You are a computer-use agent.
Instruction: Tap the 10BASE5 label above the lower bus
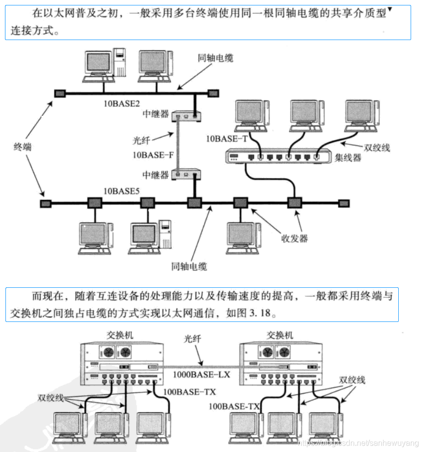coord(121,191)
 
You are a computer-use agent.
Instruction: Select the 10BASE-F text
coord(153,155)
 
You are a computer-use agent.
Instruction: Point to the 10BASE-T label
coord(227,139)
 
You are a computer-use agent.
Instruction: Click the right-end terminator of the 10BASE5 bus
coord(344,203)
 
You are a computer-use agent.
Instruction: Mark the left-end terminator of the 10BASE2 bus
coord(60,93)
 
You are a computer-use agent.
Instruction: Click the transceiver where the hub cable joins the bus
coord(295,203)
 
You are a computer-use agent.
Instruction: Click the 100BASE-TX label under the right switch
coord(234,407)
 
